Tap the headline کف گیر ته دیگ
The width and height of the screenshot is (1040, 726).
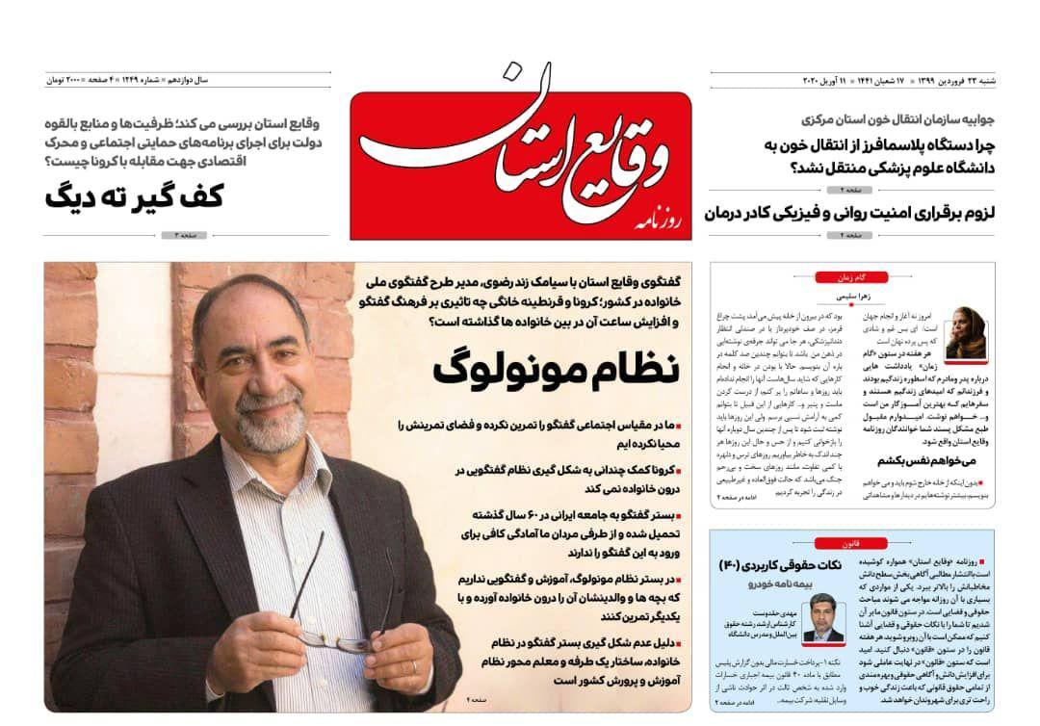pos(134,196)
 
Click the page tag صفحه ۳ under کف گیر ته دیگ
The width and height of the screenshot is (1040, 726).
pos(187,236)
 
